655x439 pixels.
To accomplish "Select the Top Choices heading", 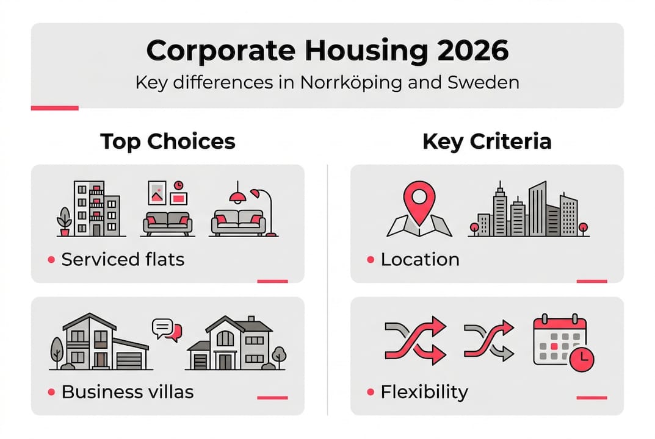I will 168,141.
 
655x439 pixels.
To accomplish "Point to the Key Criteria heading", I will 487,141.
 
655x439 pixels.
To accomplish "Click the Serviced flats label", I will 123,259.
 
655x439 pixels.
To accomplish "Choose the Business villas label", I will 128,391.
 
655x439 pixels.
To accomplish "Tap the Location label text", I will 420,259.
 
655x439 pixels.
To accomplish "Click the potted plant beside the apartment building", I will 63,221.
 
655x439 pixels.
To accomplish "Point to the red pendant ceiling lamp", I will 237,196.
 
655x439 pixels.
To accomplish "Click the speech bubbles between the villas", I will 167,330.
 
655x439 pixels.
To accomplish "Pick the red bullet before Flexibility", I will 371,392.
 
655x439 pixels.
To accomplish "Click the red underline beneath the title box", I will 54,109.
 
